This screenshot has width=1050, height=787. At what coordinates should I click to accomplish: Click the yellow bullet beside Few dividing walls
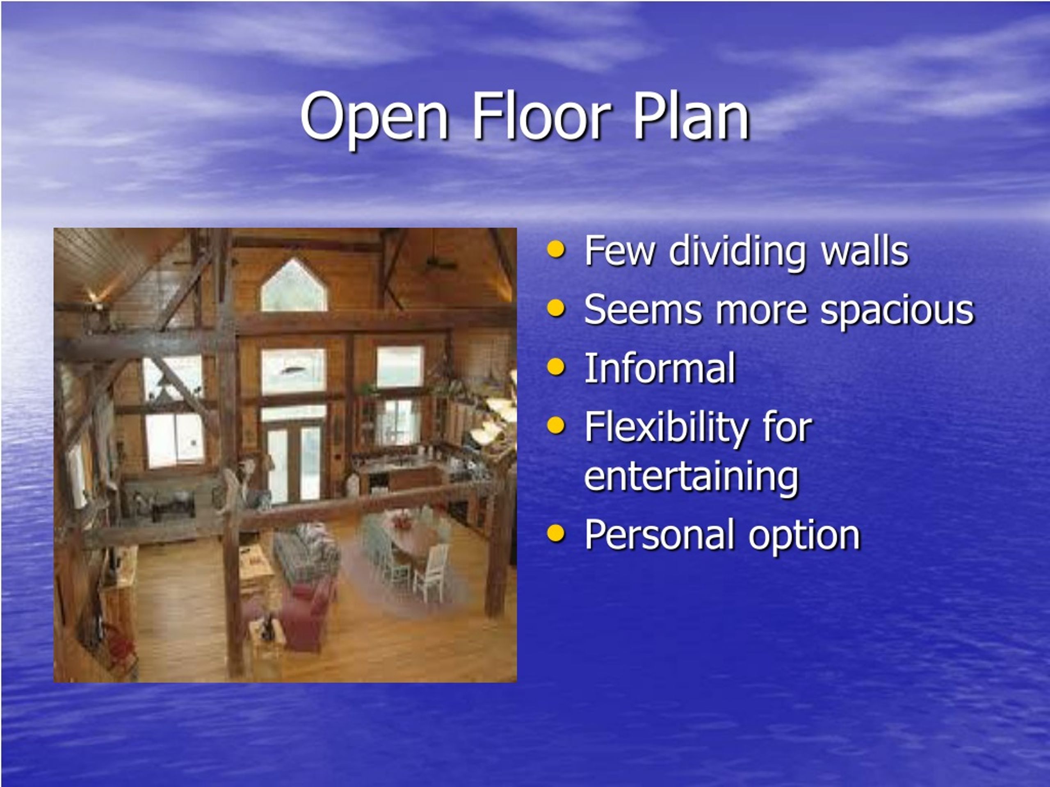(556, 250)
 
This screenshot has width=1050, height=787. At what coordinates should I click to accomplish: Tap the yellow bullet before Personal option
(556, 533)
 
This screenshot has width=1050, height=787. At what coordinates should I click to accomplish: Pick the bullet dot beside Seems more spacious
(556, 308)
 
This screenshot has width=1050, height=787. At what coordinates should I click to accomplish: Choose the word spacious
(897, 311)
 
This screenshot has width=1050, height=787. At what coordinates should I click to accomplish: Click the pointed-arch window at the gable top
(294, 286)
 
